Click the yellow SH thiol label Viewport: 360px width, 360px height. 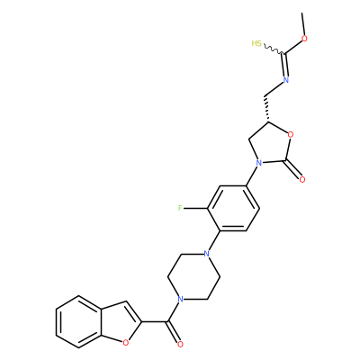click(256, 43)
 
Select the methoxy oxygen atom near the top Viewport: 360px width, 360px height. click(305, 39)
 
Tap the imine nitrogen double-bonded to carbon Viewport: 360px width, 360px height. click(286, 80)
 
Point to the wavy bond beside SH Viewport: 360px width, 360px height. click(273, 49)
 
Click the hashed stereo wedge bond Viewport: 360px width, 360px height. click(267, 110)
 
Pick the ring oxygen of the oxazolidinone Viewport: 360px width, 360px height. click(290, 134)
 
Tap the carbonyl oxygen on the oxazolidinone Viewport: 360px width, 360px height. click(302, 180)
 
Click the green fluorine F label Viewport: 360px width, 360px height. click(180, 208)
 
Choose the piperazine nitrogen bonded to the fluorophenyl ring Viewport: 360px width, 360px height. click(206, 254)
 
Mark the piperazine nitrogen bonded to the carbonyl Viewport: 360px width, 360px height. click(180, 299)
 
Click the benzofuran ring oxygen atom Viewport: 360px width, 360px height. click(125, 341)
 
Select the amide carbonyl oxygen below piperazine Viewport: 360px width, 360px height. click(180, 344)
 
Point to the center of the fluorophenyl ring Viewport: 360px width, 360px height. click(233, 208)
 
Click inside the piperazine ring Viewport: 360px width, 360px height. click(193, 276)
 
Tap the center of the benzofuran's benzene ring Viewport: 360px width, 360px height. click(78, 322)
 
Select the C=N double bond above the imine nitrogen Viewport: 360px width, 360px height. click(284, 65)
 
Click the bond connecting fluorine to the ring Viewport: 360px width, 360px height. click(196, 208)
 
